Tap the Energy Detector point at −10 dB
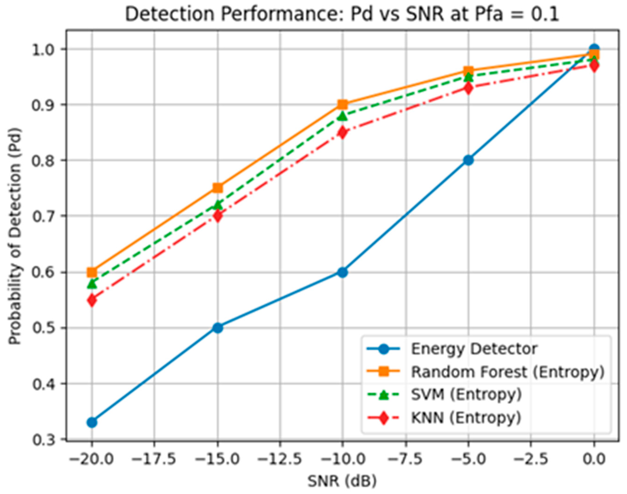pos(342,272)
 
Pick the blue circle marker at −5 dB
pos(468,160)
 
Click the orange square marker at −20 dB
pos(92,272)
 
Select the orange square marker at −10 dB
pos(342,104)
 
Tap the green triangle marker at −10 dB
pos(342,116)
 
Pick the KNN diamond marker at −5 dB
pos(468,88)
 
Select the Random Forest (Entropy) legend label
pos(508,372)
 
